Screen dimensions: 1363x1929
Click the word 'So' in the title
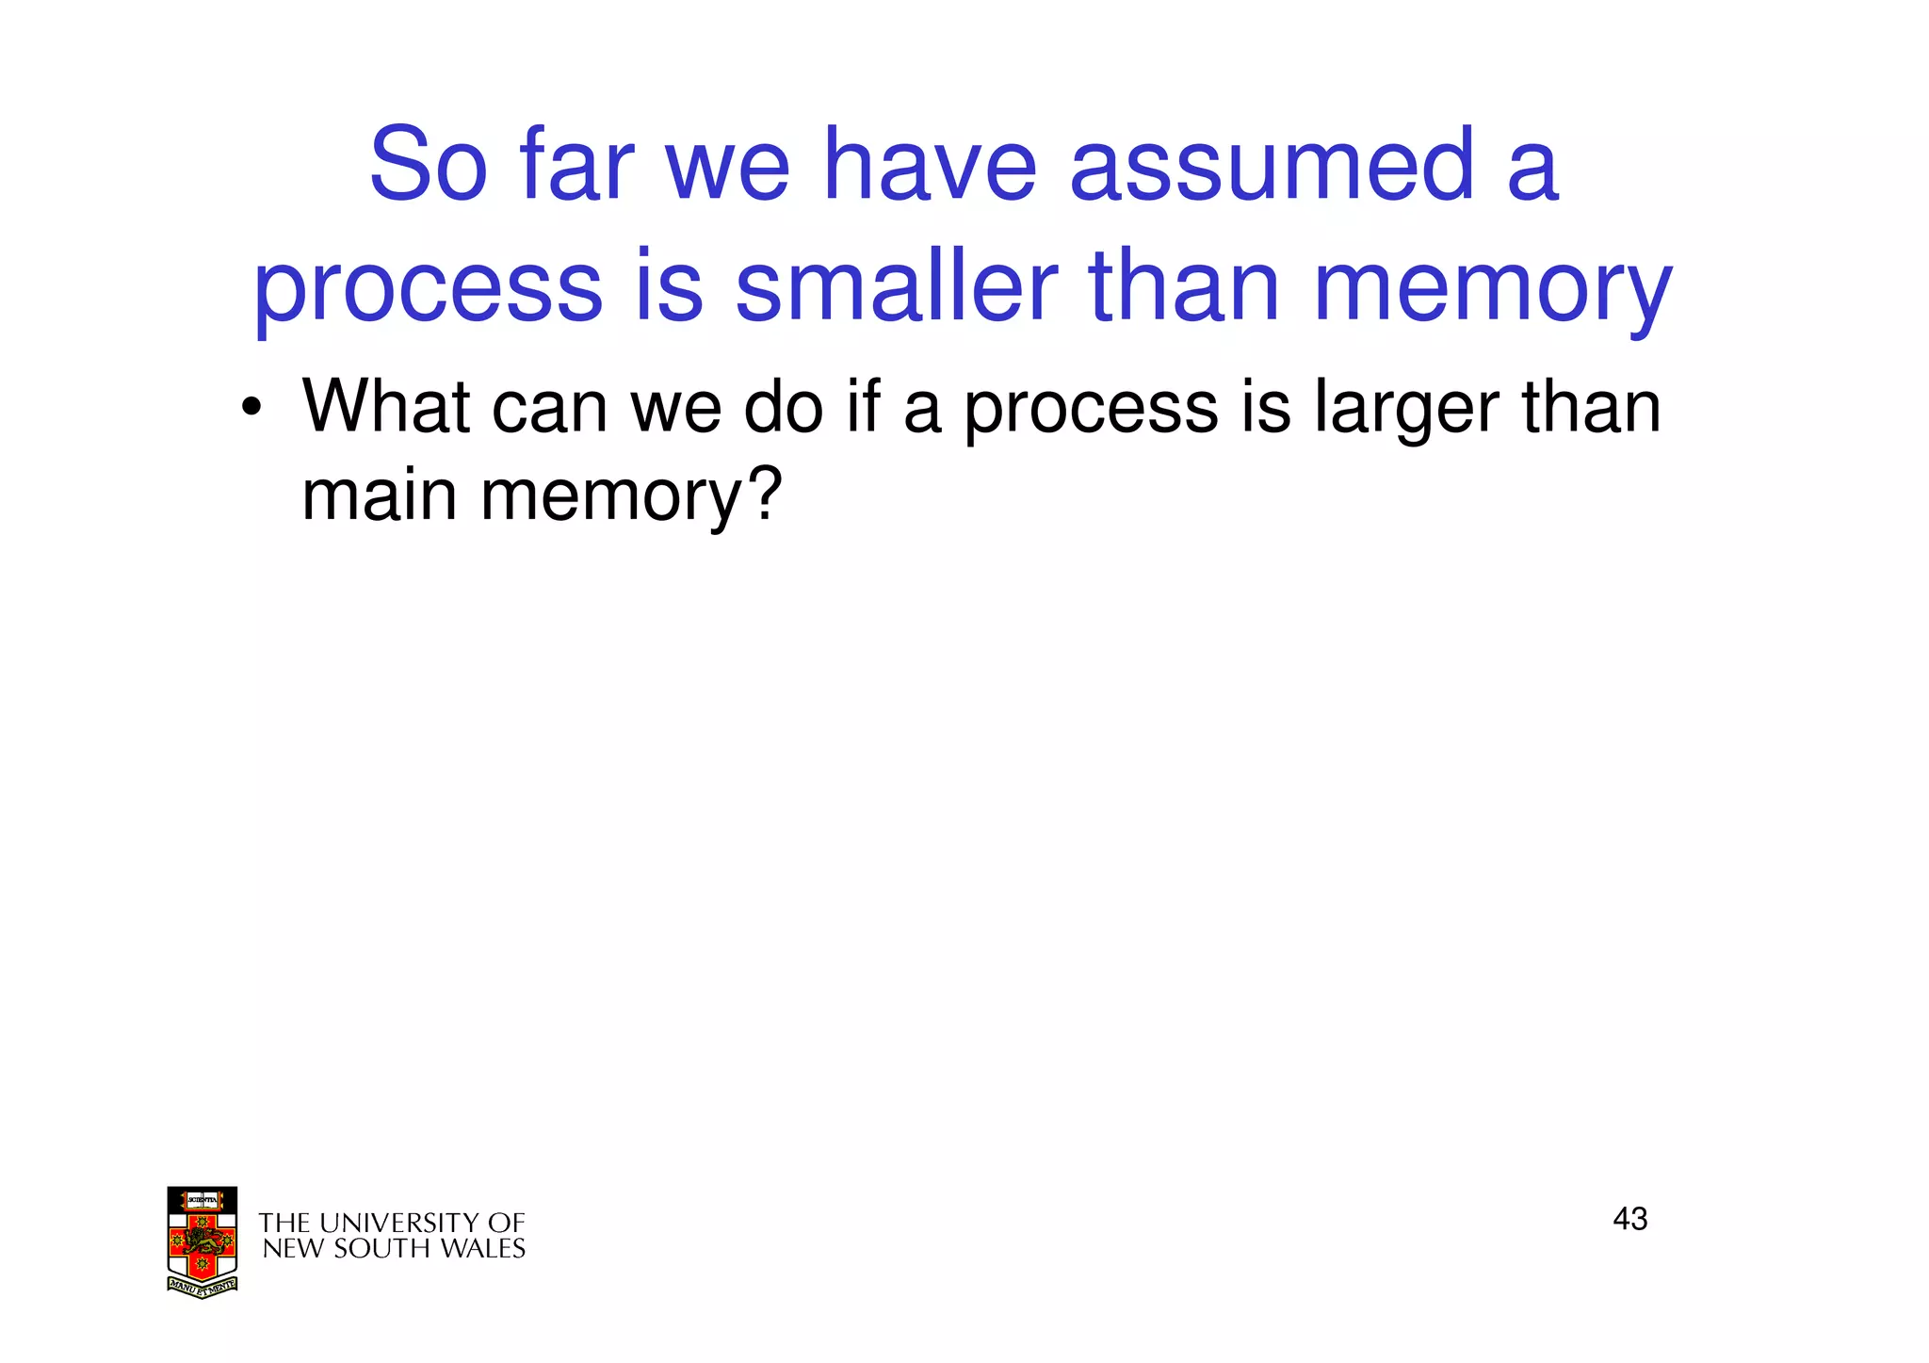(429, 166)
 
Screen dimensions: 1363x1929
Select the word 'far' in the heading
(576, 166)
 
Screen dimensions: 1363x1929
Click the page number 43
(1629, 1219)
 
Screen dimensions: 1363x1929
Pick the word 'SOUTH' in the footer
(372, 1249)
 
